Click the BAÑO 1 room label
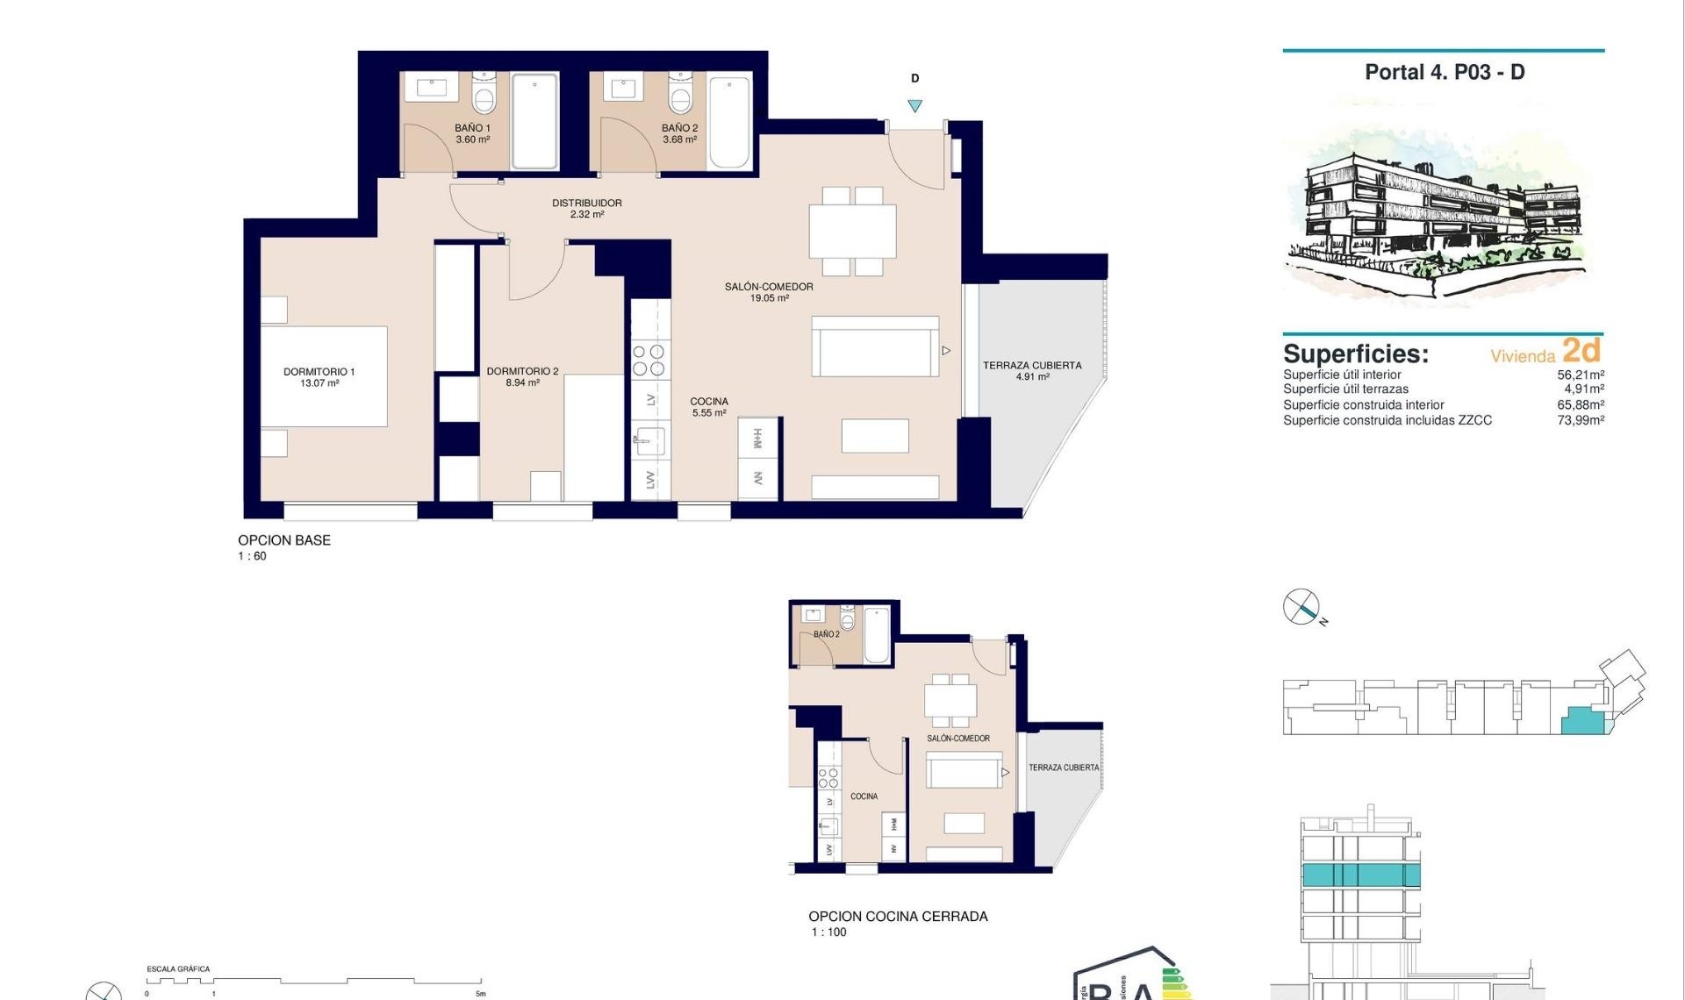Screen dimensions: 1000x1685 472,133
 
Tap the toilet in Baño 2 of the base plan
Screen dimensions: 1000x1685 681,95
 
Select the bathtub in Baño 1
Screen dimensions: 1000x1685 534,120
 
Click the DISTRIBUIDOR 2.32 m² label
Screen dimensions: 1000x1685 586,208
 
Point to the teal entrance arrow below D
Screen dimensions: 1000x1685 914,106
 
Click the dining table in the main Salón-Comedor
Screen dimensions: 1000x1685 852,232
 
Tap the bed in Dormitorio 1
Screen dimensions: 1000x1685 324,376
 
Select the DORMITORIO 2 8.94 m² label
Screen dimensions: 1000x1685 522,376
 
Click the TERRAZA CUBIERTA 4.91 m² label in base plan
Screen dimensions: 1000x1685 1032,370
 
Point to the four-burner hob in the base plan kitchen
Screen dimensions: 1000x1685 649,361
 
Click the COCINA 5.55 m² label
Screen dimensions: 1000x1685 709,406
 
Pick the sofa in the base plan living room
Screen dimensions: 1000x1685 875,347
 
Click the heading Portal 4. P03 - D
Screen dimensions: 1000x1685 1445,72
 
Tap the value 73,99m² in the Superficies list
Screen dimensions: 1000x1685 1581,420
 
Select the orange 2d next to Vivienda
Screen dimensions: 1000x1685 1581,350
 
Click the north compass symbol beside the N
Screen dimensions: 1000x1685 1301,606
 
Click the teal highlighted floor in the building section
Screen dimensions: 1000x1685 1360,875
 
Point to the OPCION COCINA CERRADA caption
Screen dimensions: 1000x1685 898,916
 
